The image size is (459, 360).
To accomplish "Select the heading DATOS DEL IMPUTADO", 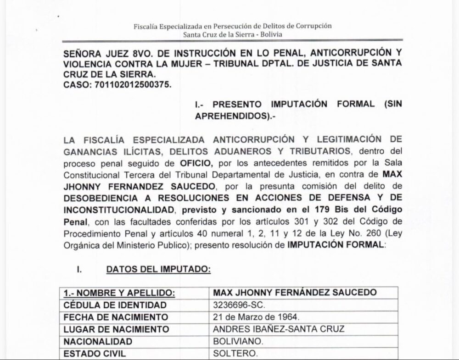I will tap(158, 270).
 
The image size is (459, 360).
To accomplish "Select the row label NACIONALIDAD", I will tap(98, 342).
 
